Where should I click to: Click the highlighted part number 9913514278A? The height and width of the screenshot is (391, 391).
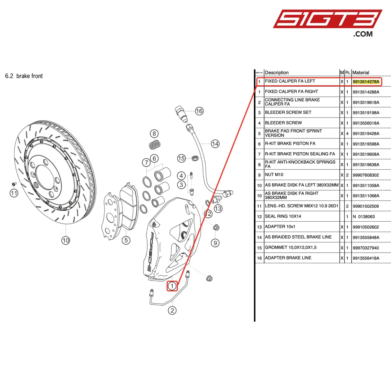(366, 81)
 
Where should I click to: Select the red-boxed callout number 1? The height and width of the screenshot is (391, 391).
(172, 286)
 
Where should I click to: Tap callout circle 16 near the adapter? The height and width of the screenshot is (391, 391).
(199, 111)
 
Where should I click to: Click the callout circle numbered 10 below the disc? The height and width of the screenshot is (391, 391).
(66, 240)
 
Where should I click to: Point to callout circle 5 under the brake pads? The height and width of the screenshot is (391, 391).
(126, 240)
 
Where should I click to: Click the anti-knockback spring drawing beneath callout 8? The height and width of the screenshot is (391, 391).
(155, 145)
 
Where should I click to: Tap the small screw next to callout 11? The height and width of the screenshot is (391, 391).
(14, 184)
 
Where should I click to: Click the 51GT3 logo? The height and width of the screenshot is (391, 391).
(327, 19)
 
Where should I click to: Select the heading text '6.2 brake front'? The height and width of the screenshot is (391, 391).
(24, 76)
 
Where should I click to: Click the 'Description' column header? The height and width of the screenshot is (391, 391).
(277, 73)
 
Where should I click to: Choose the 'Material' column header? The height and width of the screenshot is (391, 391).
(361, 73)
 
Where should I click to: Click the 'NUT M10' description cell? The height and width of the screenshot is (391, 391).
(274, 175)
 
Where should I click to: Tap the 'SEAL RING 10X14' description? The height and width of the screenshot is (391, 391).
(283, 216)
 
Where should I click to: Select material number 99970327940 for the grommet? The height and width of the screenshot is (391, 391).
(366, 248)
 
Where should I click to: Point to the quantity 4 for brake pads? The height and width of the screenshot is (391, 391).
(347, 133)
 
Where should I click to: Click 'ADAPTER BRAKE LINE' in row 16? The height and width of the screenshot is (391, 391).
(288, 258)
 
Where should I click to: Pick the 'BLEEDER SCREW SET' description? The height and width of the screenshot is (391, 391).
(288, 112)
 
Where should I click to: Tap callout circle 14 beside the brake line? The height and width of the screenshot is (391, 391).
(215, 144)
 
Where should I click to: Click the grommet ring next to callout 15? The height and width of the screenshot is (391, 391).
(195, 158)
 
